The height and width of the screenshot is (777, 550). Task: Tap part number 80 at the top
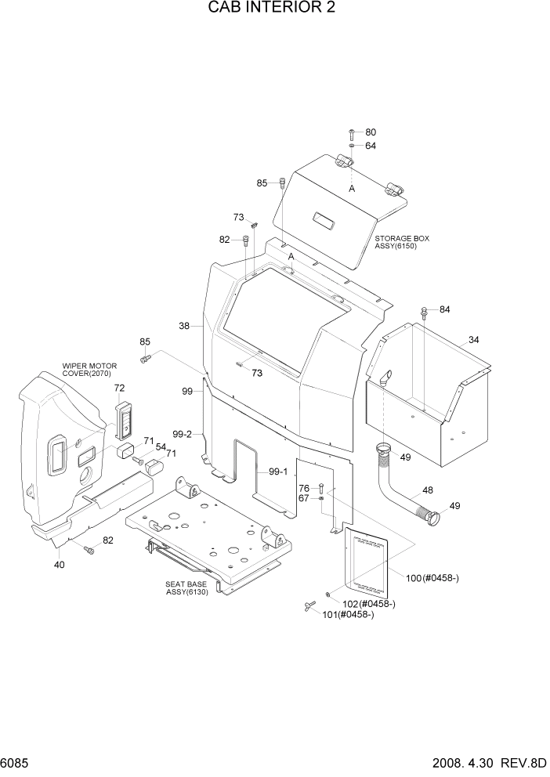click(371, 132)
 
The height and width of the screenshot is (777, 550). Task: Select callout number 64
click(371, 146)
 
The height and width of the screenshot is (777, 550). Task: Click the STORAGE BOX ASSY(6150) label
click(402, 242)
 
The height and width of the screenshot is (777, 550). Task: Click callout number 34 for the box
click(473, 339)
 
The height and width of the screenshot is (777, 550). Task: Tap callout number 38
click(184, 326)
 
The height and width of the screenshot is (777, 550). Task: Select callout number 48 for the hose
click(428, 490)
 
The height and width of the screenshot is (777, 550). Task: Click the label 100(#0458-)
click(432, 578)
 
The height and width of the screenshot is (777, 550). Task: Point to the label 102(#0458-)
click(369, 603)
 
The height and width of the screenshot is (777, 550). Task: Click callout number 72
click(119, 388)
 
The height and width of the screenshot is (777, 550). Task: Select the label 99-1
click(278, 472)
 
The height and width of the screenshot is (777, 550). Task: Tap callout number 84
click(444, 310)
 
